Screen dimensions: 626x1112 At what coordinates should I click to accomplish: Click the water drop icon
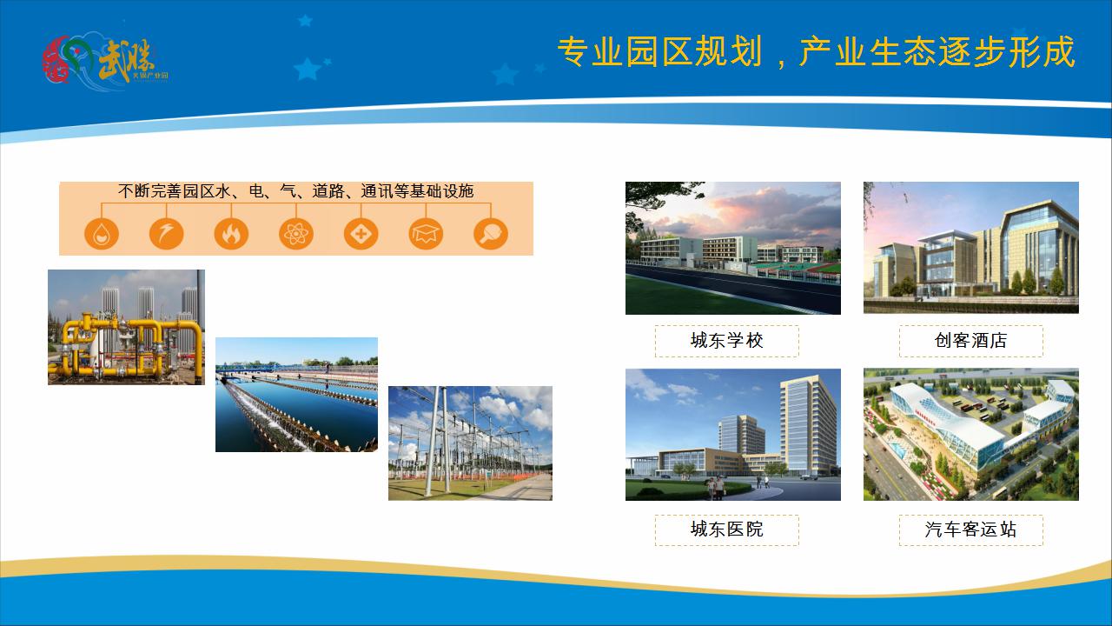point(102,234)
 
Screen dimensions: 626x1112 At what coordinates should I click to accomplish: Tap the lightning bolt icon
point(166,234)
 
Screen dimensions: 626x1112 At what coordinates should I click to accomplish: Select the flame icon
point(231,234)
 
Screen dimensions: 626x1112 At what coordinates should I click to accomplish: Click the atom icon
point(296,234)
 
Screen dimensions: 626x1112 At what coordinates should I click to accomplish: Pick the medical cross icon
point(361,234)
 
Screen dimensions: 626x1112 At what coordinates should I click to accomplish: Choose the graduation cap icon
point(426,234)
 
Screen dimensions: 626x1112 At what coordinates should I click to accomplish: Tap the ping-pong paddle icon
point(491,234)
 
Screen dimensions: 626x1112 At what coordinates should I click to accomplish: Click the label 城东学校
point(726,341)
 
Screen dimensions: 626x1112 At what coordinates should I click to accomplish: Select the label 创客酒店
point(970,341)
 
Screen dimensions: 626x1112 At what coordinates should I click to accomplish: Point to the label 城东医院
point(726,529)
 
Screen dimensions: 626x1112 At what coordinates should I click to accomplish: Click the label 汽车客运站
point(970,529)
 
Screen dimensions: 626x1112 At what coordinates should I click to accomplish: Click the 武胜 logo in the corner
point(104,59)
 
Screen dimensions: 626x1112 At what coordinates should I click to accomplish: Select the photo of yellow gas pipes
point(126,327)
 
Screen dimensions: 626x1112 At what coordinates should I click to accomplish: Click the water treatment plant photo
point(296,395)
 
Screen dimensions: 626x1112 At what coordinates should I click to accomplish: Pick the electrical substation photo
point(470,443)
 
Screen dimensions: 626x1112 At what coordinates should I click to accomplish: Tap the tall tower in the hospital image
point(807,426)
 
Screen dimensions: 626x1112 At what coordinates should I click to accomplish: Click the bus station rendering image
point(970,435)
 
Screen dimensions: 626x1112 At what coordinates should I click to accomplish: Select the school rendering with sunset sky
point(732,248)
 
